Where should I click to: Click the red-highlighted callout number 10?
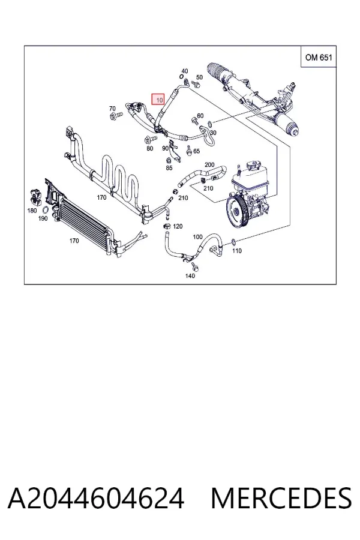tap(159, 100)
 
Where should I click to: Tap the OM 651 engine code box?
tap(319, 57)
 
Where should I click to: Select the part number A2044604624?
tap(96, 498)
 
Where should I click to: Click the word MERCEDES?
tap(281, 498)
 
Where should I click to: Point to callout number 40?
tap(185, 71)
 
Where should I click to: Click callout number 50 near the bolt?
tap(199, 77)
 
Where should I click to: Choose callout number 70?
tap(112, 109)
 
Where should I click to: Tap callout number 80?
tap(149, 148)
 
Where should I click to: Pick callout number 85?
tap(169, 168)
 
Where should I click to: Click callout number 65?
tap(196, 151)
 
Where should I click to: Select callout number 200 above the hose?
tap(209, 164)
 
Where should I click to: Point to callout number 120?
tap(178, 226)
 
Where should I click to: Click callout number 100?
tap(197, 236)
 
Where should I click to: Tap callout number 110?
tap(236, 251)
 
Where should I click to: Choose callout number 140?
tap(190, 275)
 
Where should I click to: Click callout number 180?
tap(32, 211)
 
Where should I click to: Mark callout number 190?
tap(43, 218)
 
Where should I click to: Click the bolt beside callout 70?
tap(116, 116)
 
